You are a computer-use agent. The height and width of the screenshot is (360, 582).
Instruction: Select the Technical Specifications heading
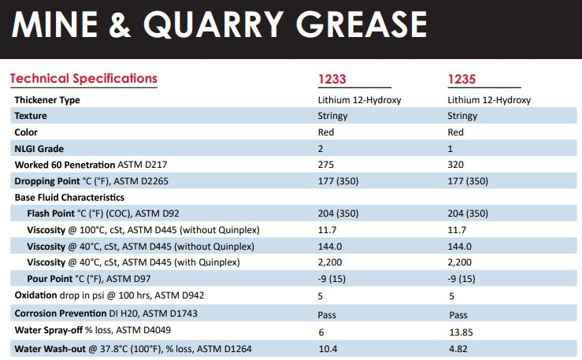(x=83, y=78)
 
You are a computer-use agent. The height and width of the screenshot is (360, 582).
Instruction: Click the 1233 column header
(x=332, y=79)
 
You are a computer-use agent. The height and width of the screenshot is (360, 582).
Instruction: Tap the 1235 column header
(x=462, y=79)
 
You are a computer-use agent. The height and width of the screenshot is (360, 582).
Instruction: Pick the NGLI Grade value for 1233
(x=320, y=148)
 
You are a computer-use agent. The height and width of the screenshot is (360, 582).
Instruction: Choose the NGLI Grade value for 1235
(x=450, y=148)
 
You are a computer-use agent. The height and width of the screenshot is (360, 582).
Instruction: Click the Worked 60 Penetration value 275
(x=325, y=165)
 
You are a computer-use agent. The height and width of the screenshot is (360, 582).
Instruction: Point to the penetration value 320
(x=456, y=165)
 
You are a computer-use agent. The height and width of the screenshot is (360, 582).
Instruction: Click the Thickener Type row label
(x=47, y=100)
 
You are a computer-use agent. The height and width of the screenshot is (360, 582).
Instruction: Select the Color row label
(x=26, y=132)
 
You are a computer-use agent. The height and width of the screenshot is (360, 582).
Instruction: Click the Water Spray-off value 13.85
(x=460, y=332)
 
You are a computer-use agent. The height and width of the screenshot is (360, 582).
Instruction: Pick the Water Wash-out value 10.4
(x=327, y=348)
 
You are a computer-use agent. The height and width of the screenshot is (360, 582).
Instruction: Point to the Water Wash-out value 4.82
(x=458, y=348)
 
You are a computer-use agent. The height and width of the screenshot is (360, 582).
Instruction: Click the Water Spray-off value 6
(x=320, y=332)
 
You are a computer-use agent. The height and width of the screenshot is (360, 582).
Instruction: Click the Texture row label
(x=31, y=116)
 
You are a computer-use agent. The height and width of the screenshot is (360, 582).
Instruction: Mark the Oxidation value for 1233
(x=320, y=297)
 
